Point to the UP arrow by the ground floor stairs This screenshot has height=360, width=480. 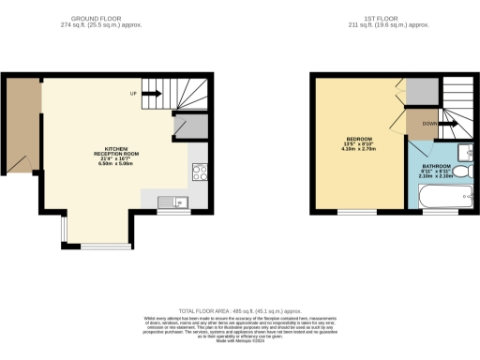135,93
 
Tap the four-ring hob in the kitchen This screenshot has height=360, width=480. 200,172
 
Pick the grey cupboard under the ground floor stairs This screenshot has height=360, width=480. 191,128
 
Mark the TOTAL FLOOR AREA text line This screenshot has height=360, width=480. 240,310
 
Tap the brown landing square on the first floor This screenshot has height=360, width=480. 420,123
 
